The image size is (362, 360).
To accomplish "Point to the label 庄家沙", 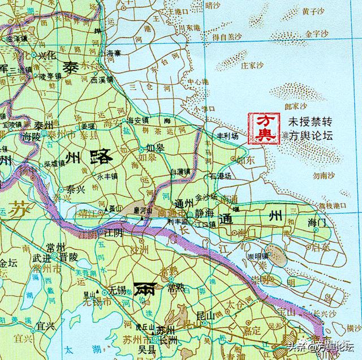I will pyautogui.click(x=253, y=65).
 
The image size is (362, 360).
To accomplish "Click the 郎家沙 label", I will pyautogui.click(x=295, y=106).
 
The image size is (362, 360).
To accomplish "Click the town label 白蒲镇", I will pyautogui.click(x=180, y=171).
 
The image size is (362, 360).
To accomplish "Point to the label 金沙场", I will pyautogui.click(x=205, y=197).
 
